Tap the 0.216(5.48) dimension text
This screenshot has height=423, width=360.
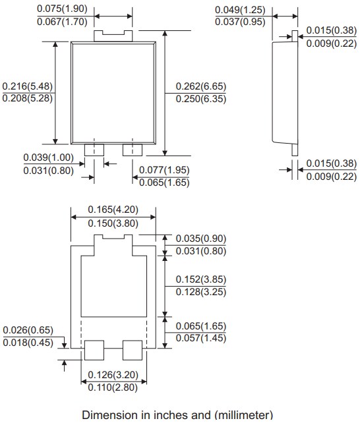(x=27, y=86)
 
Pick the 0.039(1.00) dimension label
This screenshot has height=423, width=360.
(x=48, y=157)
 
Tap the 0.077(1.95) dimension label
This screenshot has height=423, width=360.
(x=164, y=170)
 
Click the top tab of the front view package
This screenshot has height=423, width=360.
(x=113, y=34)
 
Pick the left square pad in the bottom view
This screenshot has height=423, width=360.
(x=94, y=351)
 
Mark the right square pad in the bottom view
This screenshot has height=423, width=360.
(x=133, y=351)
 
